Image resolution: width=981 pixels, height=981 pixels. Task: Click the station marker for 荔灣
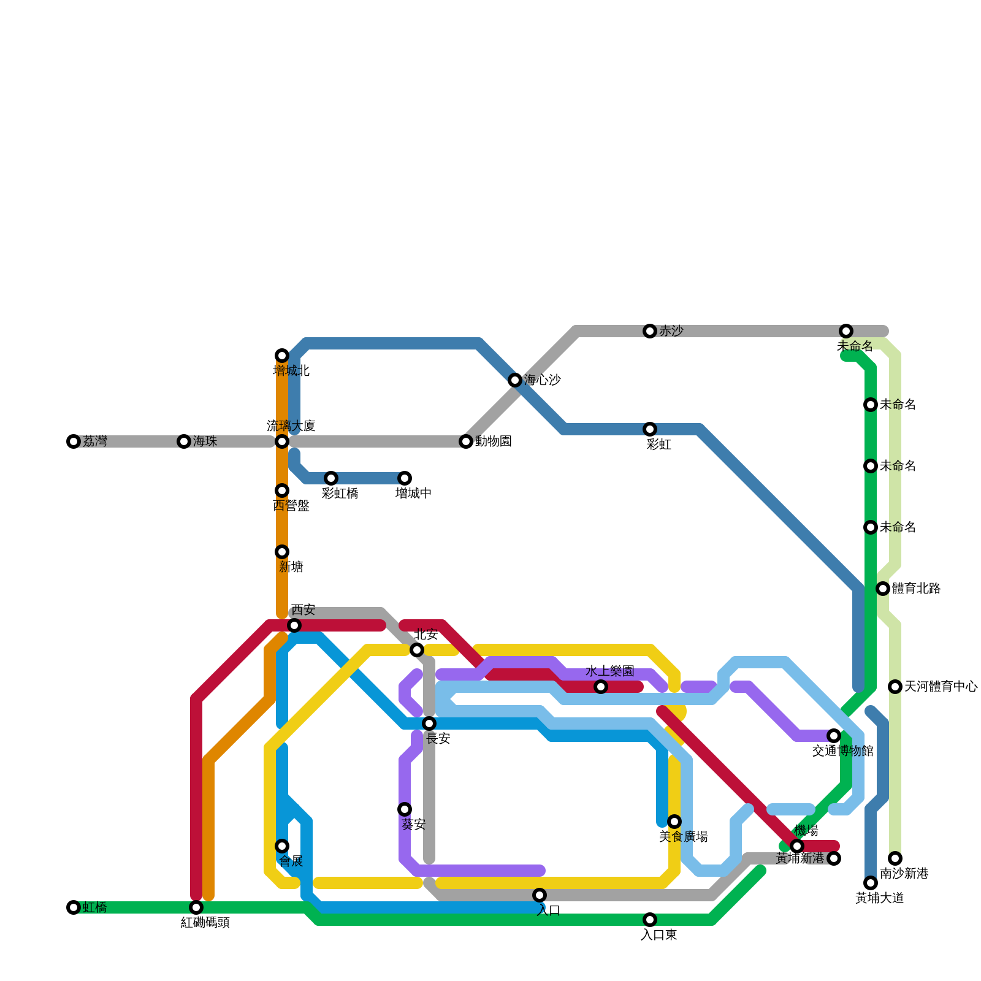[x=74, y=441]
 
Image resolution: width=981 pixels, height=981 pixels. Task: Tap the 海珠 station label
[x=205, y=441]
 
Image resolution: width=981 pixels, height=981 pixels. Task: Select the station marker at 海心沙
[x=515, y=380]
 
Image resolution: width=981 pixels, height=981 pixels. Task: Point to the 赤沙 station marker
[x=650, y=331]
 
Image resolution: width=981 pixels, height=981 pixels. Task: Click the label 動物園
[x=493, y=441]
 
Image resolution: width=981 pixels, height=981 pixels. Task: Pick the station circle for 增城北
[x=282, y=356]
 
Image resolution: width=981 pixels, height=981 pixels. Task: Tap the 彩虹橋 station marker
[x=331, y=478]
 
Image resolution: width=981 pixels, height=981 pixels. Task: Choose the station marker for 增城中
[x=405, y=478]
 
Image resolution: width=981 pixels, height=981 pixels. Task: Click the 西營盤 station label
[x=291, y=506]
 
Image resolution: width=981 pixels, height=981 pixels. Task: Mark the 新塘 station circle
[x=282, y=552]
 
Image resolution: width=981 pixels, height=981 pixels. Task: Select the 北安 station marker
[x=417, y=650]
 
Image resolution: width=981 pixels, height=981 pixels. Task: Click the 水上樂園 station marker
[x=601, y=687]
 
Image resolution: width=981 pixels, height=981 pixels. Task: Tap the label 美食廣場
[x=683, y=837]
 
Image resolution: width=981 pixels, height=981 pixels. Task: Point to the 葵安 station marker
[x=405, y=809]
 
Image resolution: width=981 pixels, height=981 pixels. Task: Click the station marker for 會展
[x=282, y=846]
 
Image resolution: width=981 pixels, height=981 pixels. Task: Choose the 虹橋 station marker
[x=74, y=907]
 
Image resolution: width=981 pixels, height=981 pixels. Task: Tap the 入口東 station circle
[x=650, y=920]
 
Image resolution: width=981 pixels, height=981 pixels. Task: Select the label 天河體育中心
[x=941, y=687]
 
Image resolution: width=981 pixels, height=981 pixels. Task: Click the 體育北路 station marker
[x=883, y=589]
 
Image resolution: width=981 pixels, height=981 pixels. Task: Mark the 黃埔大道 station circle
[x=871, y=883]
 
